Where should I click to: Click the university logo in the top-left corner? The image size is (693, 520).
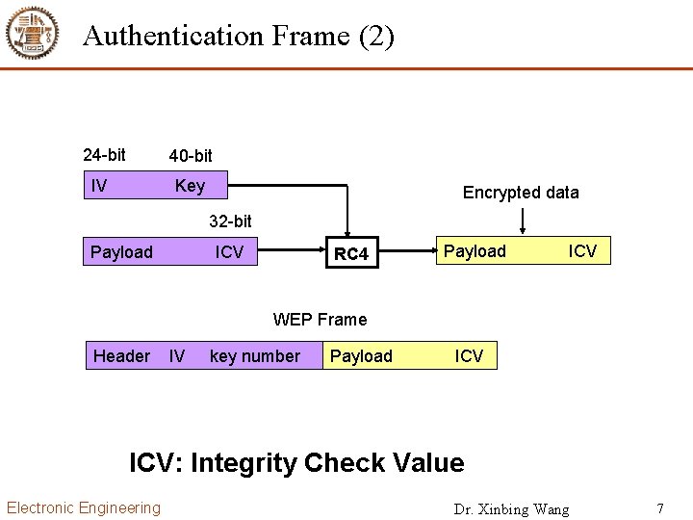tap(33, 34)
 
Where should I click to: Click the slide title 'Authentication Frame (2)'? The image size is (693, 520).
tap(239, 37)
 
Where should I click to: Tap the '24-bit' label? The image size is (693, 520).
tap(104, 155)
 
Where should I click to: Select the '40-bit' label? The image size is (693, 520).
tap(191, 156)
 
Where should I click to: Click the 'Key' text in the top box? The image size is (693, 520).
tap(190, 186)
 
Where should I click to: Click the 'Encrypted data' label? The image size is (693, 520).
tap(521, 193)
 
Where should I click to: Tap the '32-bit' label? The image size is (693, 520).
tap(231, 221)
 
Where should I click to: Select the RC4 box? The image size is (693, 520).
tap(350, 253)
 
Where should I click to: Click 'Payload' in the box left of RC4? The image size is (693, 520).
tap(121, 252)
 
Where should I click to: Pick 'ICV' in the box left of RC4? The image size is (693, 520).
tap(229, 252)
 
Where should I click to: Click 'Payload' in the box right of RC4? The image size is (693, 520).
tap(475, 251)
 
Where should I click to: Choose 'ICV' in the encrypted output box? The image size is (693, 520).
tap(582, 251)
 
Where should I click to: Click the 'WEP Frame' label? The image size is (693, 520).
tap(320, 320)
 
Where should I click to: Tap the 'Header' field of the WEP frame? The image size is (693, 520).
tap(121, 356)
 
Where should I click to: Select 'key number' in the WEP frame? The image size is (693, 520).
tap(254, 356)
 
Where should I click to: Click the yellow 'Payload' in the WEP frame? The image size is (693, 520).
tap(361, 356)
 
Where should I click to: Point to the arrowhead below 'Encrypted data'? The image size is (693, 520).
tap(522, 230)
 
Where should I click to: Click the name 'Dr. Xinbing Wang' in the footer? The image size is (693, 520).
tap(511, 508)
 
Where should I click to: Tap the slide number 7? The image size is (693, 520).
tap(660, 507)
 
